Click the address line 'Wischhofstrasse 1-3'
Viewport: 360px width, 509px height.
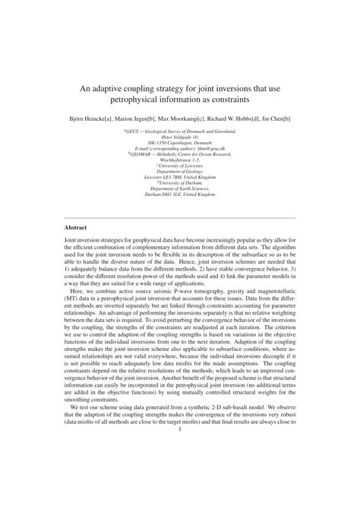pos(180,160)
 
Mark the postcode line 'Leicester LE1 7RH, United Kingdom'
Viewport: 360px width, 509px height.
pos(180,177)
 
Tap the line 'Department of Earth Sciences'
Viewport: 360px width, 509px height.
pos(180,189)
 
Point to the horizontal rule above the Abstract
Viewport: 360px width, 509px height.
pos(180,217)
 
